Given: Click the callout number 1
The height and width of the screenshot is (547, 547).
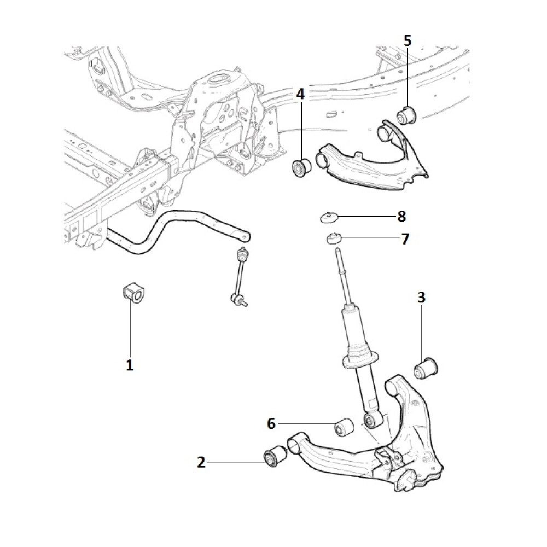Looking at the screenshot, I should (130, 365).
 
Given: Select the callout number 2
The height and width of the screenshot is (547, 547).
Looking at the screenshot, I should (201, 463).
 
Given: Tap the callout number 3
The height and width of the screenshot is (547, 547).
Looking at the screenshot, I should (421, 298).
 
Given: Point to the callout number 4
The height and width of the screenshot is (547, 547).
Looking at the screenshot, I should (300, 94).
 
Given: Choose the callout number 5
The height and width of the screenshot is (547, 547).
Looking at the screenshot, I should (408, 40).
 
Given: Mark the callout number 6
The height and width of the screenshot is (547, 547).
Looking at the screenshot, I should (271, 423).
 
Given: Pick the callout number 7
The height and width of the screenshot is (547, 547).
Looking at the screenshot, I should (405, 239).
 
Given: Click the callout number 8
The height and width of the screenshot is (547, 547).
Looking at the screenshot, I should (401, 217).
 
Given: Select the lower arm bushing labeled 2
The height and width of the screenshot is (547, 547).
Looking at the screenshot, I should (275, 457).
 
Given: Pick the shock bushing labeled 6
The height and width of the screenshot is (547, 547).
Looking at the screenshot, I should (344, 427).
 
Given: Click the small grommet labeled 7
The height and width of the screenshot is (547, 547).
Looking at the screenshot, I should (333, 238).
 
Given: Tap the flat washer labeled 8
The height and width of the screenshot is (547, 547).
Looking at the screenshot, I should (329, 217).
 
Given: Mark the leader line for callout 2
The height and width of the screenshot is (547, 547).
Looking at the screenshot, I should (235, 463).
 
